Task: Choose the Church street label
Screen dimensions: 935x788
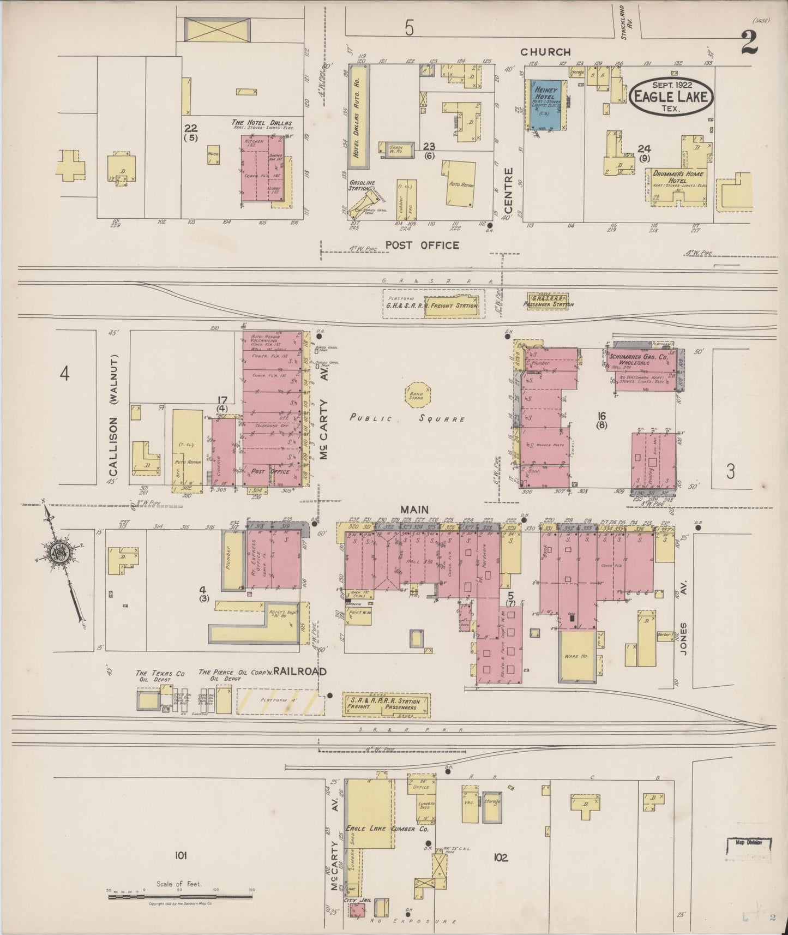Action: coord(545,52)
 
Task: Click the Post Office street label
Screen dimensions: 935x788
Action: coord(422,245)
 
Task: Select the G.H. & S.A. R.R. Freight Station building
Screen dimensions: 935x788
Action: coord(450,305)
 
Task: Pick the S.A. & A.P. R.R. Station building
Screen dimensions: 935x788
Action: coord(386,704)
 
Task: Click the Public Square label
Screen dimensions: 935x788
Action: coord(407,419)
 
